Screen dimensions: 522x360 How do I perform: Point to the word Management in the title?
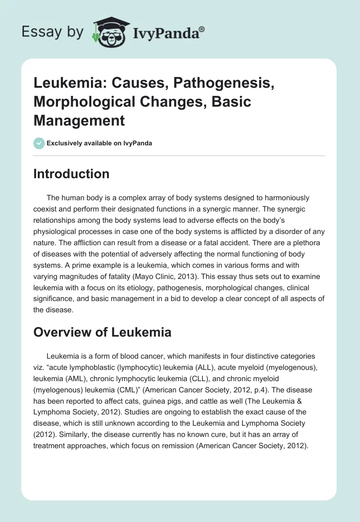[x=79, y=120]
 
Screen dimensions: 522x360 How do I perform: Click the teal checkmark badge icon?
[x=39, y=143]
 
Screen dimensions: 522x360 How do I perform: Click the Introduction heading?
[x=71, y=174]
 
